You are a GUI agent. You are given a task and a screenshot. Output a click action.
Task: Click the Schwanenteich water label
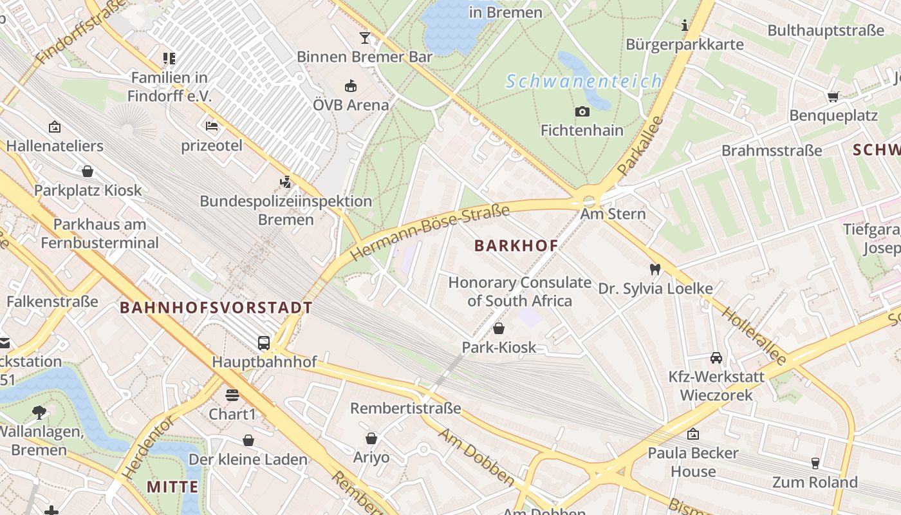click(x=583, y=82)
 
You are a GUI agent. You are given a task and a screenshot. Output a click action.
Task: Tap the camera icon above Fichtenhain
click(x=582, y=112)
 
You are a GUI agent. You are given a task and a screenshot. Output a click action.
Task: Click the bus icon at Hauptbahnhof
click(x=264, y=342)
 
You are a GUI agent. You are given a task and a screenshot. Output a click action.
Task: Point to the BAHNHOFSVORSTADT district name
click(x=216, y=308)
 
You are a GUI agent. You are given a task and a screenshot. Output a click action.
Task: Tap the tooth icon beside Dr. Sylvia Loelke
click(x=655, y=270)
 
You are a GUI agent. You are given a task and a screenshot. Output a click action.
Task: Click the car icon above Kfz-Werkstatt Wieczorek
click(x=716, y=357)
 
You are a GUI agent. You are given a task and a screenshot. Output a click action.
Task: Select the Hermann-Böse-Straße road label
click(x=431, y=233)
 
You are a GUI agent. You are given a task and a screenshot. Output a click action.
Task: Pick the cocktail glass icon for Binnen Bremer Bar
click(x=365, y=38)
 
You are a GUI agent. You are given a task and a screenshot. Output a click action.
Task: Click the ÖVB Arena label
click(x=351, y=105)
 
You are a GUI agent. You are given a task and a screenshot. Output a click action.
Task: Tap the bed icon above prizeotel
click(x=212, y=126)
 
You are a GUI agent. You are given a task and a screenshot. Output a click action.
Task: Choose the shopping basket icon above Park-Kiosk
click(x=499, y=328)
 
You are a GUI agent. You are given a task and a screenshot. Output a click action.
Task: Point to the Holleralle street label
click(x=754, y=336)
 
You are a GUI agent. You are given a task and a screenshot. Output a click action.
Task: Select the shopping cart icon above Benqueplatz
click(x=833, y=97)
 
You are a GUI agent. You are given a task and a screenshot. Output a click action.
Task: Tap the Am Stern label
click(x=613, y=214)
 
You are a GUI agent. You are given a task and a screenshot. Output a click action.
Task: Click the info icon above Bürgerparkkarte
click(x=685, y=25)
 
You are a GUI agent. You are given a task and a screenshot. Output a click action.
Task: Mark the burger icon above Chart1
click(x=232, y=395)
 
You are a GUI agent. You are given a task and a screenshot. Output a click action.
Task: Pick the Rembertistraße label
click(x=405, y=408)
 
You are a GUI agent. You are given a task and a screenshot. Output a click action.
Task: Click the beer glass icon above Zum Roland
click(x=815, y=463)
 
